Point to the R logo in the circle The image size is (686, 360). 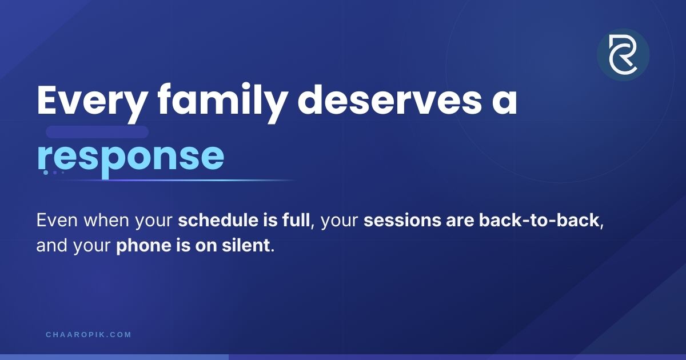[x=623, y=54]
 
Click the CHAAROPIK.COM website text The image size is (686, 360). [x=89, y=335]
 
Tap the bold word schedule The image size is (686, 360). [x=218, y=220]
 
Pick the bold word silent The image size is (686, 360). [x=246, y=246]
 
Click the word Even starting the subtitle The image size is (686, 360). [x=57, y=220]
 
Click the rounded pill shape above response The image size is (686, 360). [x=97, y=132]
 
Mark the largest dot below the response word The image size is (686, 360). [x=46, y=173]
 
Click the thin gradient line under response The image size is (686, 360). [x=176, y=181]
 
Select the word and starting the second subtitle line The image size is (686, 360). [x=52, y=246]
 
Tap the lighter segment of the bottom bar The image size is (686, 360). [x=114, y=357]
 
